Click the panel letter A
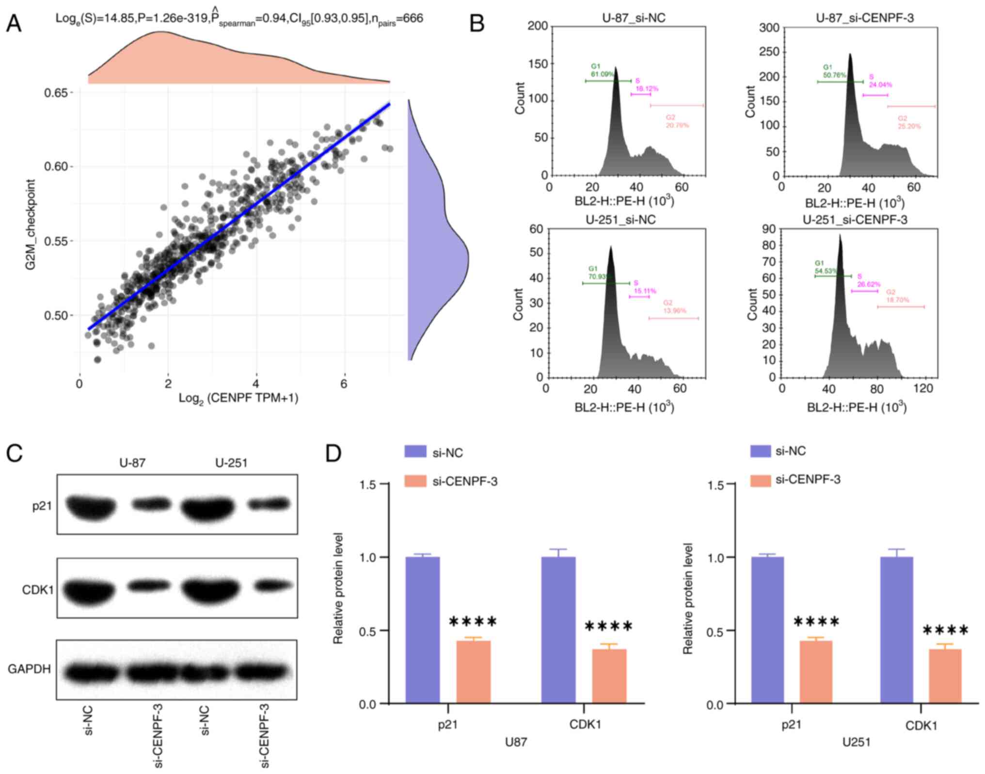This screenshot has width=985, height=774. (x=14, y=23)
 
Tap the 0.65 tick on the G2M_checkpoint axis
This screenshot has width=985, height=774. (x=56, y=92)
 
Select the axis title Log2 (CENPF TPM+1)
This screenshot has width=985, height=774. (x=238, y=398)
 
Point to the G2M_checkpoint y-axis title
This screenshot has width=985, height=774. (x=31, y=225)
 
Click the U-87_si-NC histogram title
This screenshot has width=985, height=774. (x=634, y=18)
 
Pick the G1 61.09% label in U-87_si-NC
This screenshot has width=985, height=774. (x=602, y=70)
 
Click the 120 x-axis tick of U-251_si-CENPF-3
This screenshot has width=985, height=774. (x=923, y=388)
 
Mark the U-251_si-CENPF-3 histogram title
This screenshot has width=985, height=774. (x=855, y=220)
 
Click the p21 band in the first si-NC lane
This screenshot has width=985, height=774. (x=91, y=506)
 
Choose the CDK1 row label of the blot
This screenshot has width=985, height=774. (x=37, y=590)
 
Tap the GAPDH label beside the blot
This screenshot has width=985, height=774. (x=29, y=669)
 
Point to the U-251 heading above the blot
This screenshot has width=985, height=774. (x=231, y=463)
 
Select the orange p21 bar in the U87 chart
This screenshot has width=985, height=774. (x=473, y=672)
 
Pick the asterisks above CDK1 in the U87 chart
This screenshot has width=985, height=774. (x=608, y=626)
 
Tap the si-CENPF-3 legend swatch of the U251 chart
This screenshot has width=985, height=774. (x=760, y=480)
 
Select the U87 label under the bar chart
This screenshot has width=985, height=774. (x=516, y=742)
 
